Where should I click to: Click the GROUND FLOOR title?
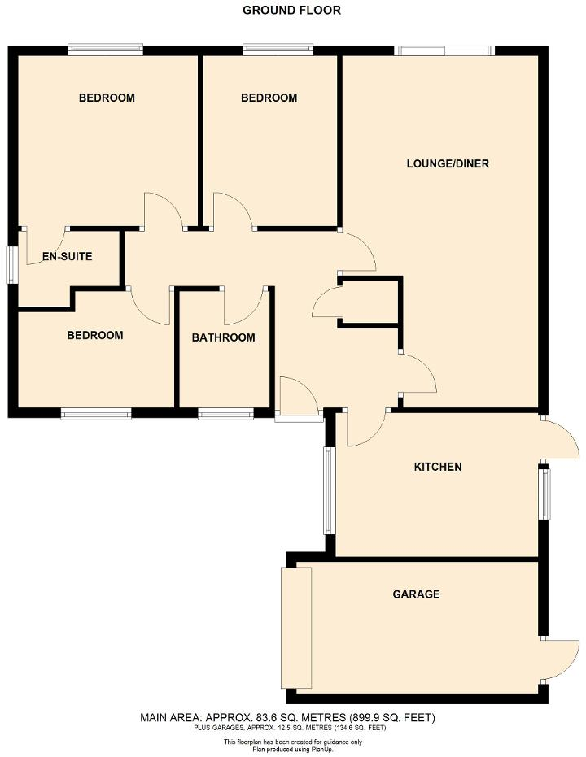click(291, 11)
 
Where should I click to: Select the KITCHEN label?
click(438, 467)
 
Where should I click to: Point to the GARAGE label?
click(416, 594)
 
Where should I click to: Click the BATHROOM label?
click(223, 337)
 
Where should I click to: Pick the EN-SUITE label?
click(68, 257)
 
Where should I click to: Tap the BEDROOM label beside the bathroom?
click(95, 335)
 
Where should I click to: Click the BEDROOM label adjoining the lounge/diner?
click(269, 98)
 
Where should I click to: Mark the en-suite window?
click(12, 265)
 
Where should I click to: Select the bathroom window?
click(225, 415)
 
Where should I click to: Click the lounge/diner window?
click(444, 50)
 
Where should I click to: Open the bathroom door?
click(243, 306)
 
